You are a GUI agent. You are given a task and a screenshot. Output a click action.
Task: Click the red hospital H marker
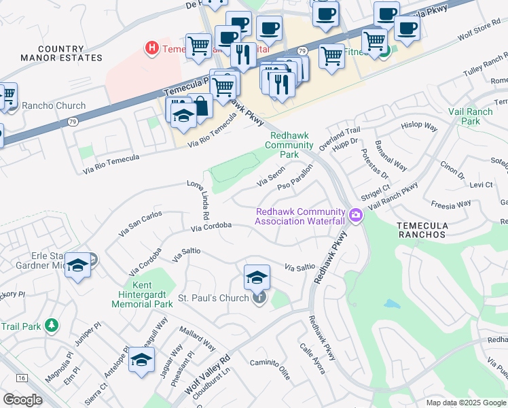pyautogui.click(x=152, y=48)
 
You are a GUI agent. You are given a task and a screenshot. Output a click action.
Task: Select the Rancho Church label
pyautogui.click(x=54, y=105)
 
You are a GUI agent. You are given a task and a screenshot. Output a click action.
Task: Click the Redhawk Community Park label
pyautogui.click(x=289, y=145)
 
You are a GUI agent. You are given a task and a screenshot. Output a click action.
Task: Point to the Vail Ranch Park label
pyautogui.click(x=465, y=116)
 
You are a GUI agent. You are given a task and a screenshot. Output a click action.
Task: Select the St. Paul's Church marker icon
pyautogui.click(x=259, y=298)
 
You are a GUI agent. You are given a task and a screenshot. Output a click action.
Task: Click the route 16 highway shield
pyautogui.click(x=23, y=377)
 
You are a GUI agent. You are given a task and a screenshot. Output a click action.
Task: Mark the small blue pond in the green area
pyautogui.click(x=392, y=304)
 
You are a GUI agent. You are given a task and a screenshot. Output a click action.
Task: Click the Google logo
pyautogui.click(x=22, y=399)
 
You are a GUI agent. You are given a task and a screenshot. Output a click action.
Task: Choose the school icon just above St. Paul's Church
pyautogui.click(x=257, y=277)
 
